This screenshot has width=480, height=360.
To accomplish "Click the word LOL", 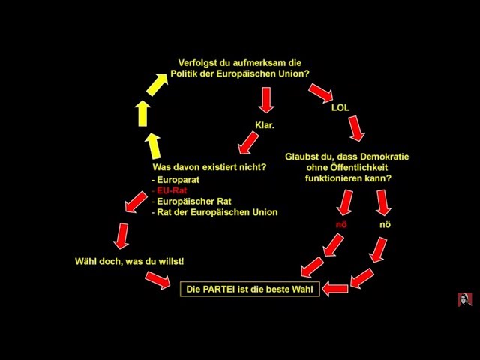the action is [x=340, y=108].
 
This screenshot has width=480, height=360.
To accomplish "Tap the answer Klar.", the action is [x=265, y=124].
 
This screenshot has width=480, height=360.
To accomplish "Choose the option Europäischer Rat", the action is [x=192, y=202].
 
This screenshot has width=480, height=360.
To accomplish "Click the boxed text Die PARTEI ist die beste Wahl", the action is [x=250, y=289].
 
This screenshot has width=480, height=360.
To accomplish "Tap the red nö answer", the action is [x=341, y=224].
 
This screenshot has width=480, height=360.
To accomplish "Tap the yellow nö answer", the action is [x=385, y=224].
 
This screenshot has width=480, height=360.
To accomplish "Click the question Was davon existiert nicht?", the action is [x=209, y=166].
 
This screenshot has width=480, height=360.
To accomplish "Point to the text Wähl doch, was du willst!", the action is [x=130, y=261].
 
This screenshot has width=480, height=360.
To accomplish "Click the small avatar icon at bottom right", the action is [x=464, y=299].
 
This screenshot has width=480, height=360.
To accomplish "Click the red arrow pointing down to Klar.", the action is [x=265, y=100].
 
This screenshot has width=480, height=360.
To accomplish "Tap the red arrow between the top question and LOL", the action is [x=321, y=92].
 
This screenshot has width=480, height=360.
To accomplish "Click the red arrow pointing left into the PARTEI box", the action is [x=336, y=289].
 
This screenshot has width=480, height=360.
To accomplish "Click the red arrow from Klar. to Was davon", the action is [x=247, y=142].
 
